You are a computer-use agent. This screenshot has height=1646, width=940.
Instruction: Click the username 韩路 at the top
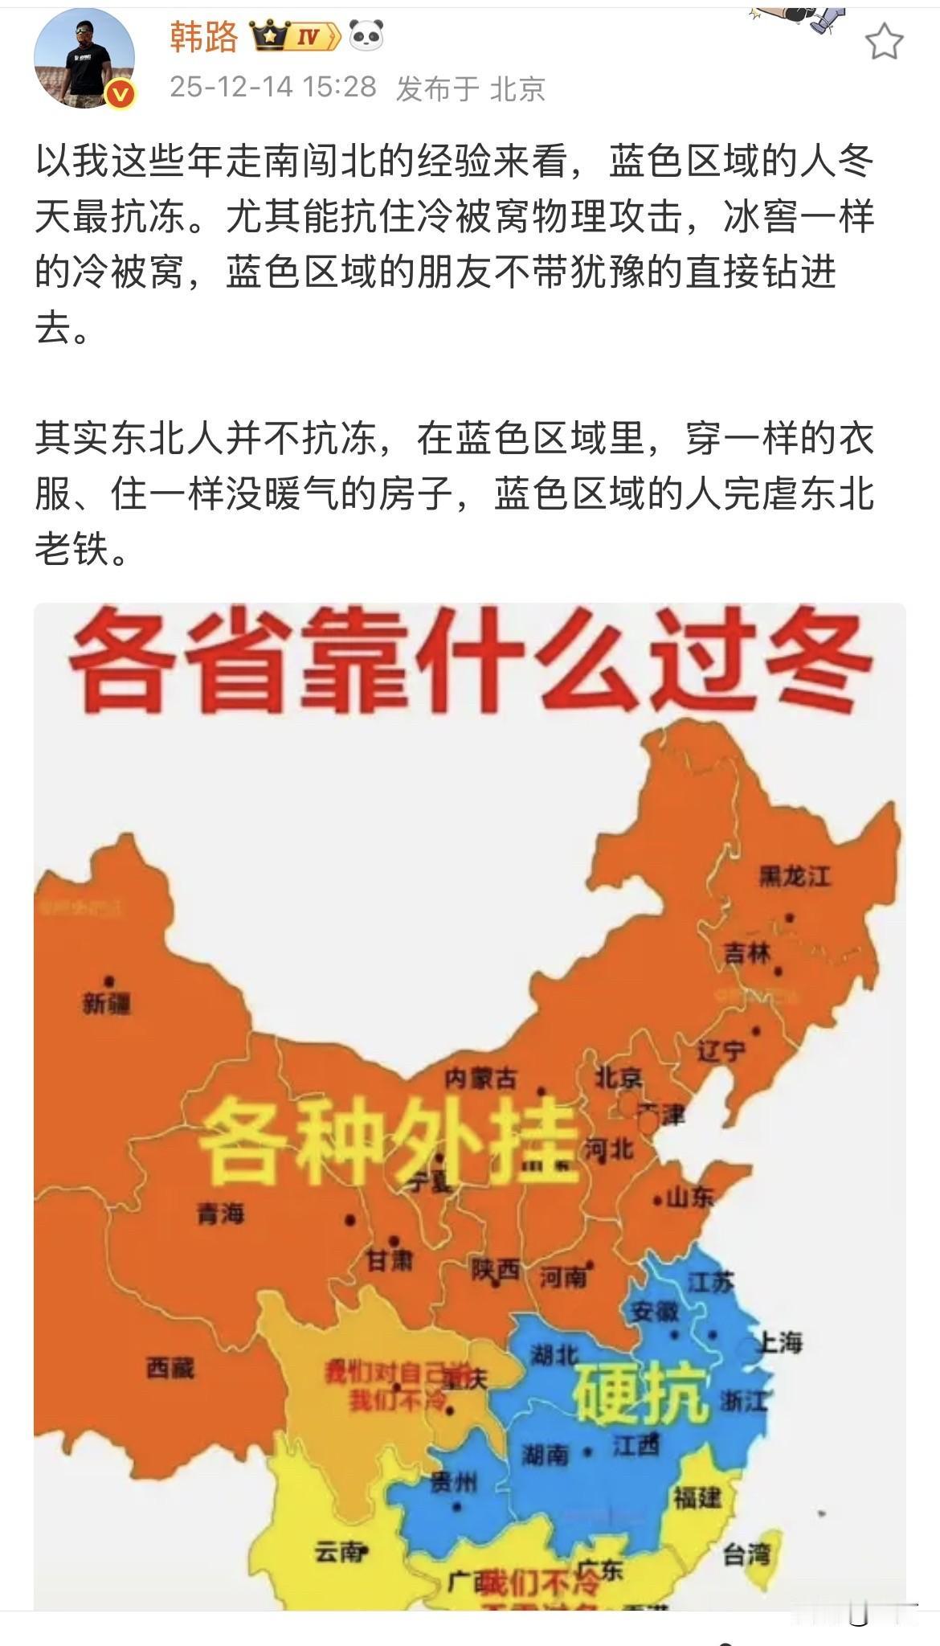[x=204, y=37]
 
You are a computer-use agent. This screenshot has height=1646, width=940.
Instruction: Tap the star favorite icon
[x=884, y=41]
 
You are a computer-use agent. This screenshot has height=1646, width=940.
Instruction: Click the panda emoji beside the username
[x=366, y=36]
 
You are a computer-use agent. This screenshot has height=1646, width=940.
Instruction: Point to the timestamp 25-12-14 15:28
[x=273, y=87]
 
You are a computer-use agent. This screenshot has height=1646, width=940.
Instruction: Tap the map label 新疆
[x=106, y=1003]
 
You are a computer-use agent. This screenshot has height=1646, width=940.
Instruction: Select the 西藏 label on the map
[x=170, y=1367]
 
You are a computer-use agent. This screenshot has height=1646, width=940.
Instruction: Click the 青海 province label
[x=221, y=1214]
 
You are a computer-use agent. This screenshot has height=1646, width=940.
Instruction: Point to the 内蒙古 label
[x=480, y=1079]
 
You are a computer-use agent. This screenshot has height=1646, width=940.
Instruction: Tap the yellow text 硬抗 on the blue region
[x=640, y=1395]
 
